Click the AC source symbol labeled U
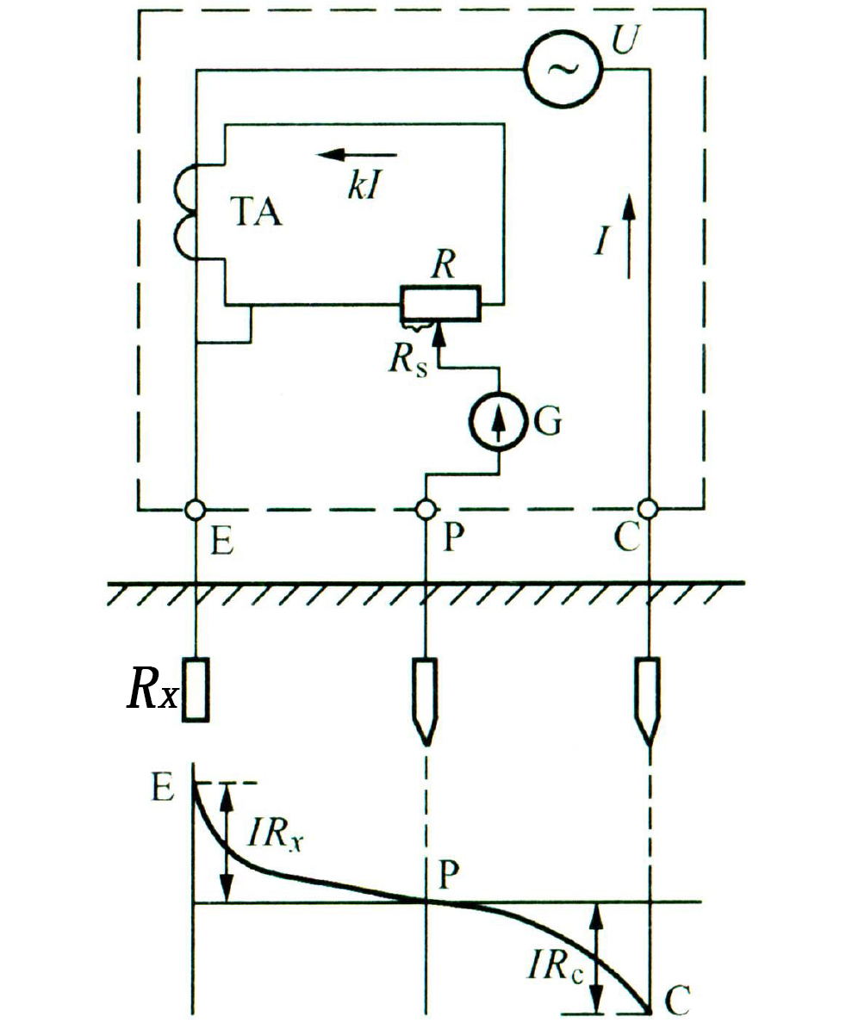coord(563,70)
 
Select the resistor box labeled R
coord(441,304)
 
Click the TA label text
coord(257,212)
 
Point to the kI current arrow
coord(357,156)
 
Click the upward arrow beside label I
coord(629,236)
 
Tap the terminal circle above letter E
coord(196,509)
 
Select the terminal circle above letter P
coord(426,509)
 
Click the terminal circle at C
coord(648,508)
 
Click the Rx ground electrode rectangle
coord(196,690)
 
